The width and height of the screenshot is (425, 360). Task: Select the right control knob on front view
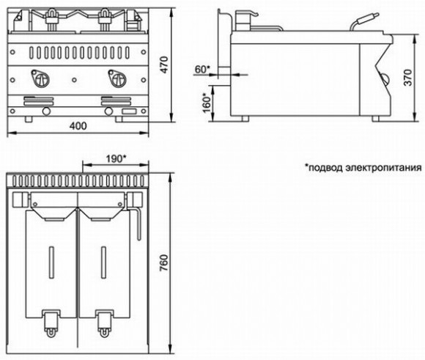pos(115,76)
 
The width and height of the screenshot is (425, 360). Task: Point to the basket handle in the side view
pos(366,21)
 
